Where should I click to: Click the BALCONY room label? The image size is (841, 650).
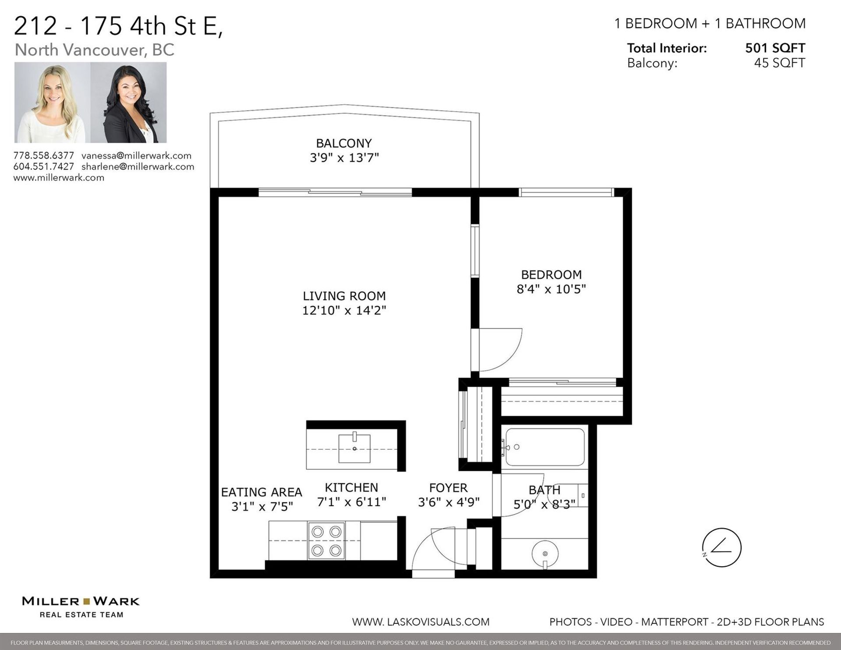pyautogui.click(x=344, y=143)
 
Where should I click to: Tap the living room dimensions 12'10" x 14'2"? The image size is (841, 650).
pyautogui.click(x=344, y=310)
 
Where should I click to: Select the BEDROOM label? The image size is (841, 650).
pyautogui.click(x=551, y=275)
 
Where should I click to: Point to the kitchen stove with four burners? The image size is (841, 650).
pyautogui.click(x=326, y=541)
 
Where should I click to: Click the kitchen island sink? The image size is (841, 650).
pyautogui.click(x=354, y=448)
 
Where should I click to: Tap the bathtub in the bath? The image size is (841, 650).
pyautogui.click(x=545, y=447)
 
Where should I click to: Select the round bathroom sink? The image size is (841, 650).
pyautogui.click(x=545, y=554)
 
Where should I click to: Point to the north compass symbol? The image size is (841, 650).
pyautogui.click(x=721, y=548)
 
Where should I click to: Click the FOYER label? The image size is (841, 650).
pyautogui.click(x=448, y=488)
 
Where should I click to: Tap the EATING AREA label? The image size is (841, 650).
pyautogui.click(x=261, y=492)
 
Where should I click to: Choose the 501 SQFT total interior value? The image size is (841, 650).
pyautogui.click(x=775, y=48)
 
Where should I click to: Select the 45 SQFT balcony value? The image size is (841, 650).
pyautogui.click(x=780, y=63)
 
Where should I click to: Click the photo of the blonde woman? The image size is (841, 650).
pyautogui.click(x=53, y=103)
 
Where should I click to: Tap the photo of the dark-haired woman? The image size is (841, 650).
pyautogui.click(x=128, y=103)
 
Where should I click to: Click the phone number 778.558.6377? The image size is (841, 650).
pyautogui.click(x=44, y=156)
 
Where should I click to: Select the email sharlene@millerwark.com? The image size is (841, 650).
pyautogui.click(x=138, y=167)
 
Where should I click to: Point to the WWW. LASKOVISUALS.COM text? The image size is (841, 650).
pyautogui.click(x=421, y=622)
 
